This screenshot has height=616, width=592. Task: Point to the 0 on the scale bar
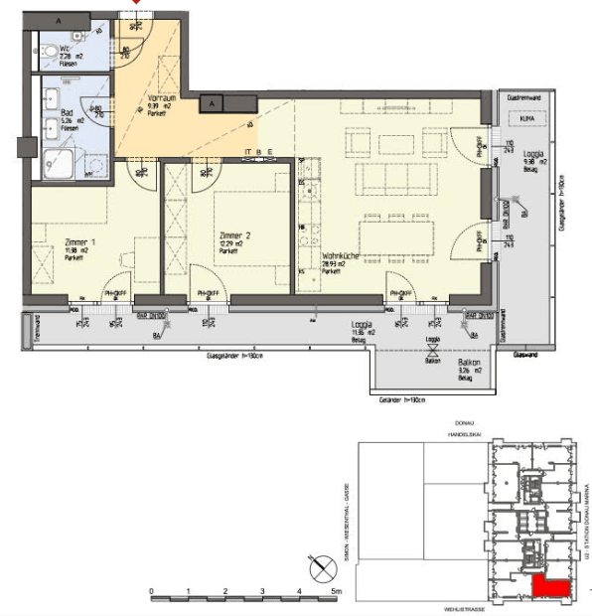[152, 591]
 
